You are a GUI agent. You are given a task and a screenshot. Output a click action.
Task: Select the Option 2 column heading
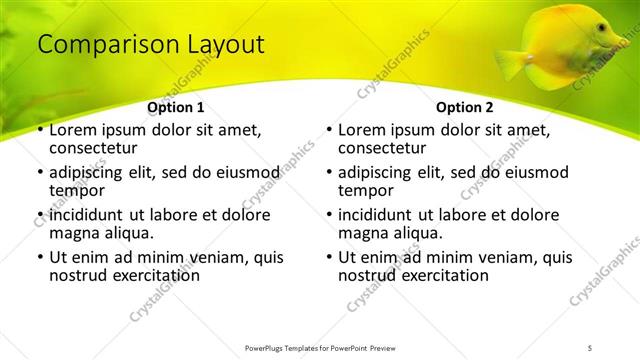pos(464,107)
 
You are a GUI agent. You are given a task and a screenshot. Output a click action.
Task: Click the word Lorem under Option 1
pos(74,130)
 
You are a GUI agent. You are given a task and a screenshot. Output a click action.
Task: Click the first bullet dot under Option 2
pos(329,131)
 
